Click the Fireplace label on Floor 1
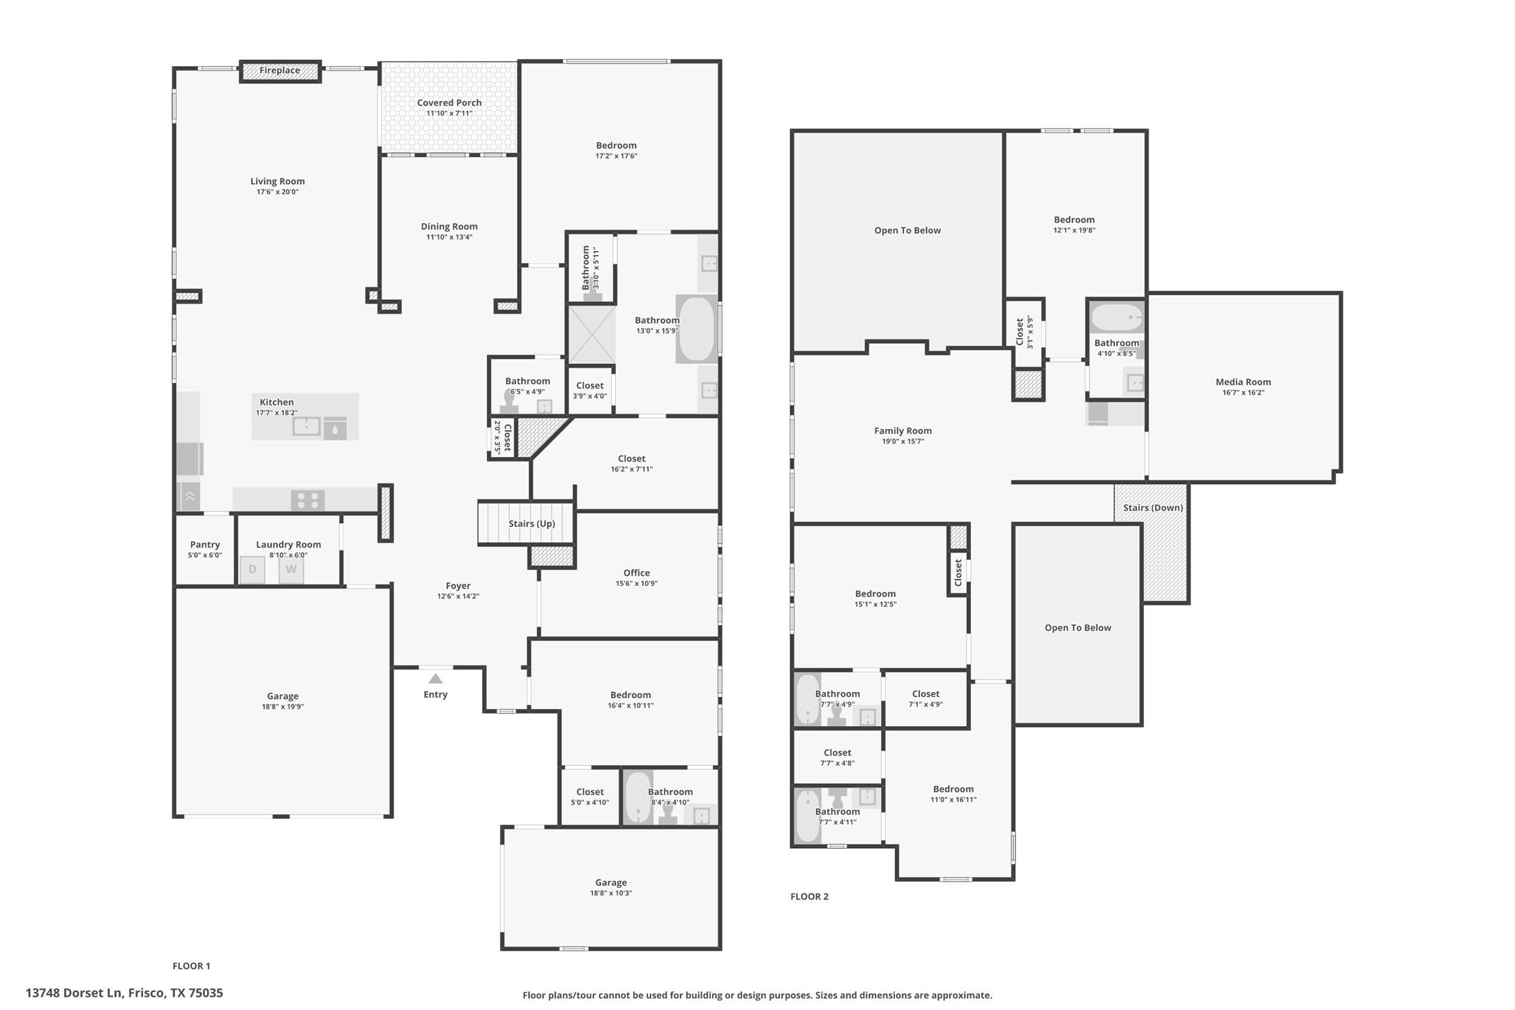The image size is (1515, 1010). (280, 70)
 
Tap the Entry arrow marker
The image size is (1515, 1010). (435, 679)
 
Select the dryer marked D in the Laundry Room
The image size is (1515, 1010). (252, 569)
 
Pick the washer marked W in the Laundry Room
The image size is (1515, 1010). (292, 569)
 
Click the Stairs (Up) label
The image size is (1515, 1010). (532, 524)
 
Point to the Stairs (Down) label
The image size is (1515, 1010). (1153, 508)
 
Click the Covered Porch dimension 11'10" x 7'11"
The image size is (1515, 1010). (449, 113)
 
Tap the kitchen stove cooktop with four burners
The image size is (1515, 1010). (308, 500)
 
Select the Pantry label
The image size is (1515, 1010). (205, 545)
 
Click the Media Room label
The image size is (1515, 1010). (1244, 382)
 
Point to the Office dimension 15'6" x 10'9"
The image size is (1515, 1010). (637, 584)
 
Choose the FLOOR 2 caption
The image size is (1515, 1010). (809, 896)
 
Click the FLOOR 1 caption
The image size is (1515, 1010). (191, 966)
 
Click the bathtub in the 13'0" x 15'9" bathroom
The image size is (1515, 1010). (696, 329)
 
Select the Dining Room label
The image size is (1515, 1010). (449, 227)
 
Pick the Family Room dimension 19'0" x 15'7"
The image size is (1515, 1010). (903, 442)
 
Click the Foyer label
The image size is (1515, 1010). (458, 586)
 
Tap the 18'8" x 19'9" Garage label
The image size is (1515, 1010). (282, 696)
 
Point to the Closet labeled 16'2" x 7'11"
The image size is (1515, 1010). (632, 459)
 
